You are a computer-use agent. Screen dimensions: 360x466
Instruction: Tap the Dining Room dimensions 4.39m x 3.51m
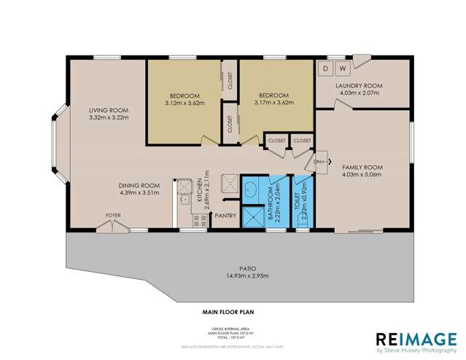pyautogui.click(x=139, y=193)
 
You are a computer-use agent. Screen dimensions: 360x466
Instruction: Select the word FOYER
pyautogui.click(x=113, y=215)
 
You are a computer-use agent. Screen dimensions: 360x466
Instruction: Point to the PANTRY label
pyautogui.click(x=225, y=215)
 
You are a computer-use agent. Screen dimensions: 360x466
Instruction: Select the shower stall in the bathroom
pyautogui.click(x=255, y=217)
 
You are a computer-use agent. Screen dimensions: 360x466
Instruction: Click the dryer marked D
pyautogui.click(x=326, y=69)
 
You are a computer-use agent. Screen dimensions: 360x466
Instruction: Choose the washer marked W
pyautogui.click(x=341, y=69)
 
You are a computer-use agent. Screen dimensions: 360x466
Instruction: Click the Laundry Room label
pyautogui.click(x=359, y=86)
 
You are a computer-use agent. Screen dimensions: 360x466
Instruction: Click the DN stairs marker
pyautogui.click(x=319, y=162)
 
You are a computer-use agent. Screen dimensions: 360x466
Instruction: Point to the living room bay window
pyautogui.click(x=58, y=146)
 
